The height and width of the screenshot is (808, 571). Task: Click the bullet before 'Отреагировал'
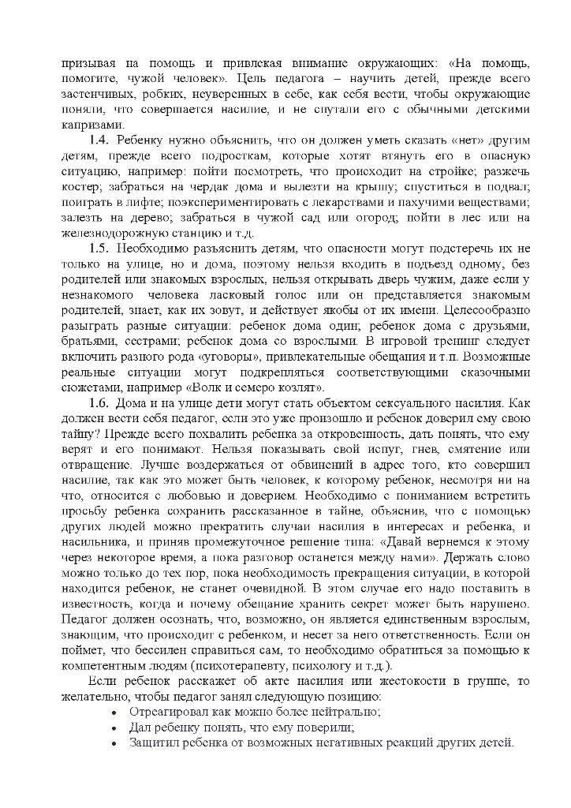pyautogui.click(x=116, y=713)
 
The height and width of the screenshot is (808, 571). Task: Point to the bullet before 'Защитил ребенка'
pyautogui.click(x=116, y=744)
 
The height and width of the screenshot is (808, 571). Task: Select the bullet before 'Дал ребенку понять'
pyautogui.click(x=116, y=728)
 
